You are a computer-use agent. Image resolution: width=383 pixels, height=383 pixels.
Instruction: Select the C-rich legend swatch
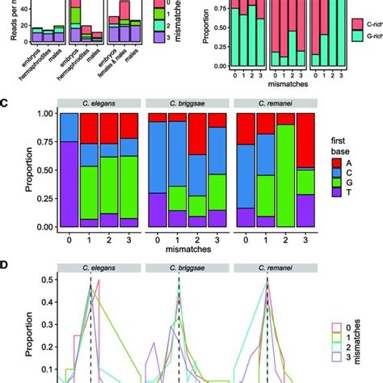(x=335, y=26)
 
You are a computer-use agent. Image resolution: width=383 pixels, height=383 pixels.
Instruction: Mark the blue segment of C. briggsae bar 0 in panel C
(x=155, y=162)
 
